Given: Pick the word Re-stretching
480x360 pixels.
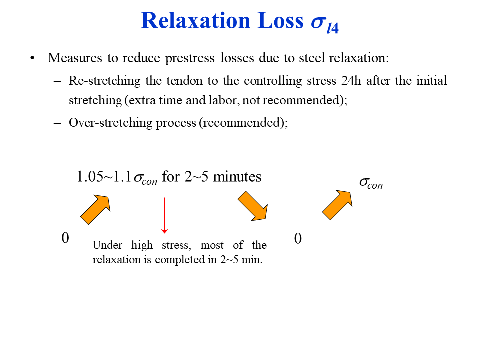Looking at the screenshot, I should [102, 81].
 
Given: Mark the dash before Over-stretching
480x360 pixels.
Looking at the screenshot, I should [58, 123].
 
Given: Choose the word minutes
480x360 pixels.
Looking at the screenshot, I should [237, 177].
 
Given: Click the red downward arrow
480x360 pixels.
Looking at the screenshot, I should [165, 215].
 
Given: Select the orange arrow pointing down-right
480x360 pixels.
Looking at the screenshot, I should [253, 206].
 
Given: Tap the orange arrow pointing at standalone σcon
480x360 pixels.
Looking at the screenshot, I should [337, 204].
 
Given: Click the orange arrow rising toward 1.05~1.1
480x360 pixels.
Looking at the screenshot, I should [95, 209].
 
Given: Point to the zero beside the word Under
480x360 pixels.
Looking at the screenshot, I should [65, 238].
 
